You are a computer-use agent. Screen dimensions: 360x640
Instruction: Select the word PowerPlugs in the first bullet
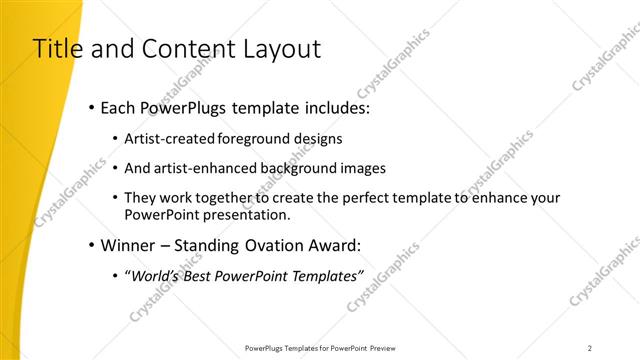[186, 106]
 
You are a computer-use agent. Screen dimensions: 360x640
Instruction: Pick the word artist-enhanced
[204, 168]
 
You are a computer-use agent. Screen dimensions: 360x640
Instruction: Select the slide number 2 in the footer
[590, 348]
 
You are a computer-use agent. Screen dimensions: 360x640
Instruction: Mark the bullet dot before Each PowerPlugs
[92, 106]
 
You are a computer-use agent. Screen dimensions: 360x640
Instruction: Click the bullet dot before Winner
[92, 245]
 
